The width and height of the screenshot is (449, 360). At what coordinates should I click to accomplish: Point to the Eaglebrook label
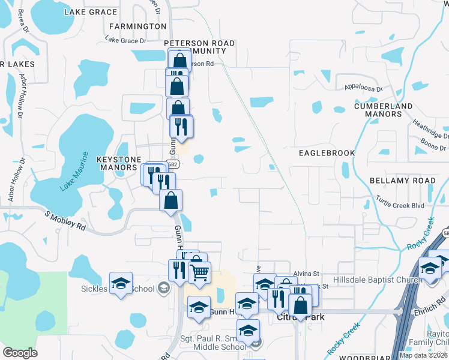point(327,153)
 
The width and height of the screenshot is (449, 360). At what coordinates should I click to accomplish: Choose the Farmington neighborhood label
point(137,26)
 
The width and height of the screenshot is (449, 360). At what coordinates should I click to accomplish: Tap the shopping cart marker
point(199,272)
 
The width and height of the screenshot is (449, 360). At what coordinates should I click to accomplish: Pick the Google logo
point(20,353)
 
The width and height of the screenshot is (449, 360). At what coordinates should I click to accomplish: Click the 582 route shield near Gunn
point(173,164)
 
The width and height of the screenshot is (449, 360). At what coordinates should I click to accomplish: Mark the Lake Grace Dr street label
point(125,40)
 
